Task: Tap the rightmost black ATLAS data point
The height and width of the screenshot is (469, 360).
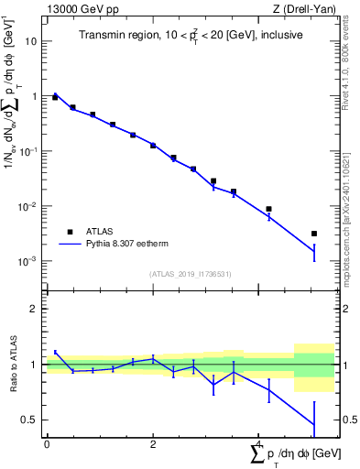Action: coord(314,234)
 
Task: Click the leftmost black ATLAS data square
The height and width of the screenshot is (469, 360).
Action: coord(55,97)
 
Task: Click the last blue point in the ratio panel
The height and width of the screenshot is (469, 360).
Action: coord(314,423)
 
